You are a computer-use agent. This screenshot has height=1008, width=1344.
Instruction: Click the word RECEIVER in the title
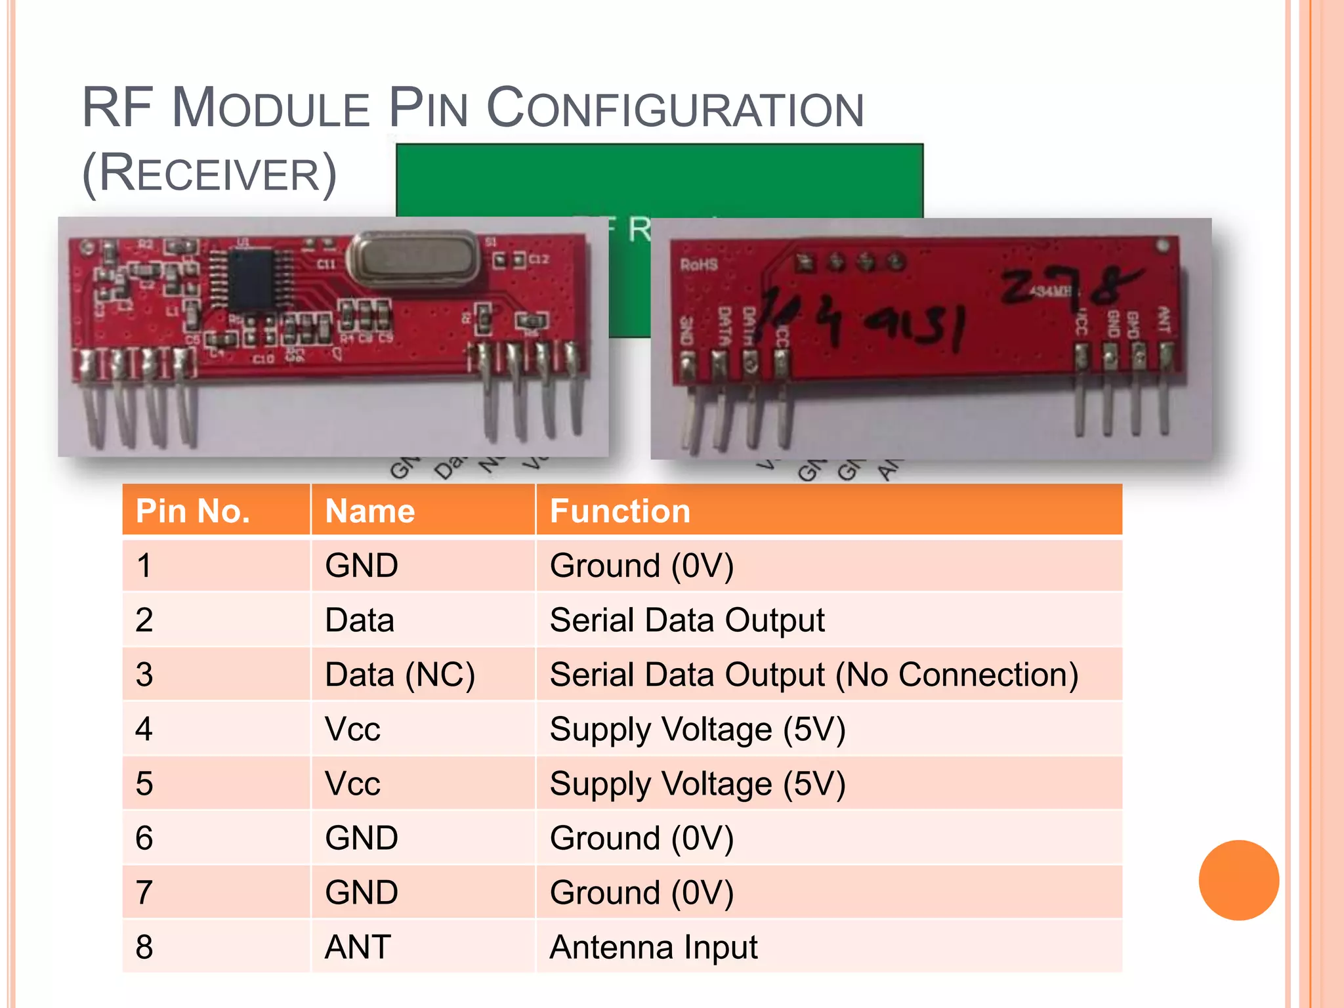coord(209,173)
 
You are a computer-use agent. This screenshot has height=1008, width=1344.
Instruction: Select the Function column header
coord(619,511)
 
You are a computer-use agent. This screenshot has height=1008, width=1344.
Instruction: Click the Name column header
coord(370,511)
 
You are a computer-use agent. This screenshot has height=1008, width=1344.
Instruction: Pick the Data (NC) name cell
coord(400,675)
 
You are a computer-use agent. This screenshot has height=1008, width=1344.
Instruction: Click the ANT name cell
coord(358,947)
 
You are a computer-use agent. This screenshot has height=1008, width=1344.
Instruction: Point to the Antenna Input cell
coord(654,947)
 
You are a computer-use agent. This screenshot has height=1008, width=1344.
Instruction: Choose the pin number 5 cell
coord(144,784)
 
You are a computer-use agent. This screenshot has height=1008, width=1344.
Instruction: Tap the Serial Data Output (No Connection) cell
coord(814,675)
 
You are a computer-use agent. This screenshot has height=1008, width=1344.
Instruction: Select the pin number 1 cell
coord(144,566)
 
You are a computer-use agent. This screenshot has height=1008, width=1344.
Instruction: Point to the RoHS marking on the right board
coord(698,264)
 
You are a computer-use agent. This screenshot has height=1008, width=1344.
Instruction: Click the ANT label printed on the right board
coord(1162,320)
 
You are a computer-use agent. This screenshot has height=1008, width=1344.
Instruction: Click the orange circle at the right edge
coord(1238,880)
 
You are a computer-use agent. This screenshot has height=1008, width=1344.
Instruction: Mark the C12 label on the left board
coord(538,259)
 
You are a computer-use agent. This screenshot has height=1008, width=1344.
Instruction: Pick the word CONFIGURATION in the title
coord(675,108)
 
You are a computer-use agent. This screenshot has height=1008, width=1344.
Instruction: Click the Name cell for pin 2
coord(360,620)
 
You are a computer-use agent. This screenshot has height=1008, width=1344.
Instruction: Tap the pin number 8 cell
coord(144,947)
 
